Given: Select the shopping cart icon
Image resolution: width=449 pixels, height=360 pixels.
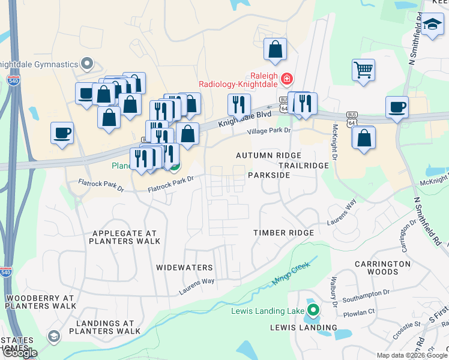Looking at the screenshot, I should pos(363,70).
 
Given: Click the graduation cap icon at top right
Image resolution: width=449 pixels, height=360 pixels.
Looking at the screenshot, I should pos(432,25).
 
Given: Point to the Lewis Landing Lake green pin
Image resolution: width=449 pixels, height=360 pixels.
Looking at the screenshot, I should pos(313,310).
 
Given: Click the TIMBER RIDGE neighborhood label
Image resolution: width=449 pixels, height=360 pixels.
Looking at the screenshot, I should pos(283,233).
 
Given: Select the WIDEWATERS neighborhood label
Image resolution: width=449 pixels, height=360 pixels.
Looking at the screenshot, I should pos(184,267).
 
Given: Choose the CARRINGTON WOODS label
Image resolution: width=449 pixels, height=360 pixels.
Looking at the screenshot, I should pos(382,268).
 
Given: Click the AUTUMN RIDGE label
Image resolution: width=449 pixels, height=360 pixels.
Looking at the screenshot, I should pos(268,155).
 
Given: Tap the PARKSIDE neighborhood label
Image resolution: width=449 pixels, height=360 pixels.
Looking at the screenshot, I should pos(269,175).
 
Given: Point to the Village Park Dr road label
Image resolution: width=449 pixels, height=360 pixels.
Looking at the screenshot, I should pos(270,130).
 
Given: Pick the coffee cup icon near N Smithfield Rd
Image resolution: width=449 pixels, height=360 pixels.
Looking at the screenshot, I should pos(397,107).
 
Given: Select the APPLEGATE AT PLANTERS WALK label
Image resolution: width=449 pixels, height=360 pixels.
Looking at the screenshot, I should pos(124,237).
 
